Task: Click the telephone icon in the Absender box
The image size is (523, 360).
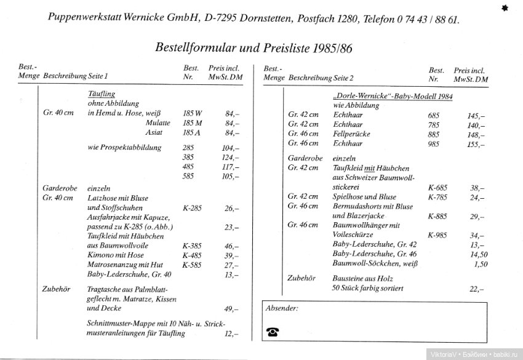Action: (273, 332)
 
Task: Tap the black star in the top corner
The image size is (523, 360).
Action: (505, 8)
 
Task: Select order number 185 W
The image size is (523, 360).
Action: (192, 113)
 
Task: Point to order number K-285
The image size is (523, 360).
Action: (192, 208)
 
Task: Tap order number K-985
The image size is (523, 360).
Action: (437, 235)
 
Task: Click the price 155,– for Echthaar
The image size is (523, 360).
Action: (476, 143)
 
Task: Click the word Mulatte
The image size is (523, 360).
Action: (158, 122)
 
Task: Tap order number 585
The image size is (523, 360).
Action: (188, 177)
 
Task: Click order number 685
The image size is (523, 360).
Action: (434, 115)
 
